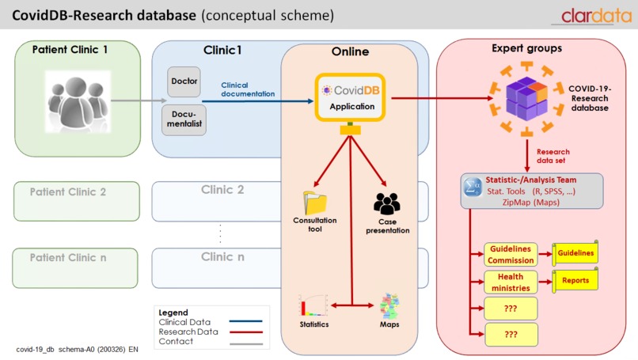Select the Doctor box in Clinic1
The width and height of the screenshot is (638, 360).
tap(184, 81)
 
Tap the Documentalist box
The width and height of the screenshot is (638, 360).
tap(184, 120)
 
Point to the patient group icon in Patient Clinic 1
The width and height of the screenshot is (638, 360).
tap(76, 100)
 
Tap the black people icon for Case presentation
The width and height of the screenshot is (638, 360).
tap(387, 204)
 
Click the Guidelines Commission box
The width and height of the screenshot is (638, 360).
tap(511, 253)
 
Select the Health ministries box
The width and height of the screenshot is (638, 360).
tap(511, 282)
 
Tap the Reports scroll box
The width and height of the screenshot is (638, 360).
tap(575, 280)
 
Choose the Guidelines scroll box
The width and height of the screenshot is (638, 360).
tap(575, 252)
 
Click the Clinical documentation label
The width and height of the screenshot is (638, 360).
tap(248, 89)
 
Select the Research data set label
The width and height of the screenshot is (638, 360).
tap(553, 156)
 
